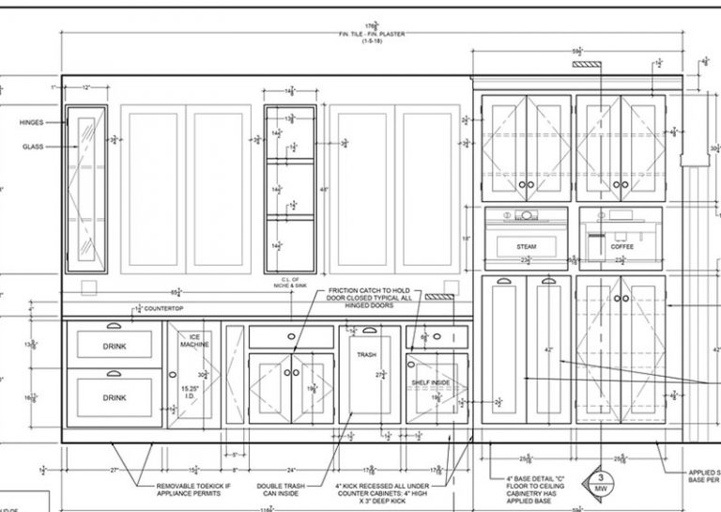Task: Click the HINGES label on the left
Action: [x=31, y=122]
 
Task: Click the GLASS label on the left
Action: [x=33, y=147]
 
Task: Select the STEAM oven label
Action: [x=526, y=247]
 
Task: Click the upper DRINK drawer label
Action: [x=114, y=347]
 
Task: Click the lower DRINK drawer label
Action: [x=114, y=397]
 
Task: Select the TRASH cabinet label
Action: [x=366, y=356]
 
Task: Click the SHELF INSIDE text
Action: [x=432, y=382]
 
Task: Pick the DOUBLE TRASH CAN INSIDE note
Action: [x=281, y=490]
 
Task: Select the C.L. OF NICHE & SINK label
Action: [x=291, y=282]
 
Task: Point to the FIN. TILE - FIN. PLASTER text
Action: [x=373, y=34]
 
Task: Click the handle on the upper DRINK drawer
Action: [x=114, y=327]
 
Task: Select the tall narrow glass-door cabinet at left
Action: [x=85, y=188]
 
